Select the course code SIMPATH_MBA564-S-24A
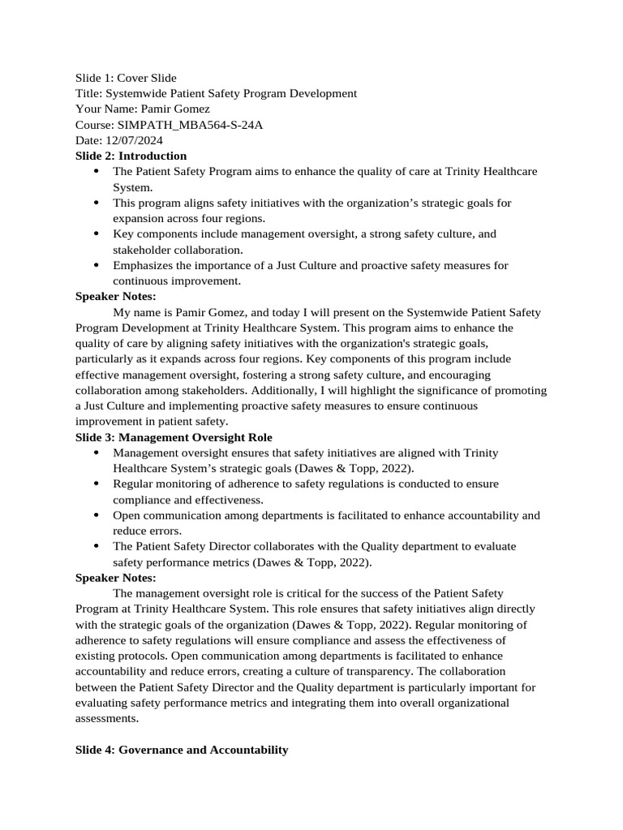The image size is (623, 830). tap(190, 125)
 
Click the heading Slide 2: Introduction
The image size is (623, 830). tap(131, 156)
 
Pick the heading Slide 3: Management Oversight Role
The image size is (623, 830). tap(174, 437)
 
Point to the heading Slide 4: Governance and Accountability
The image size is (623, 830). tap(181, 750)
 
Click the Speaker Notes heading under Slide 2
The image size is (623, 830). tap(115, 297)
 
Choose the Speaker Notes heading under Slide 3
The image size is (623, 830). tap(115, 578)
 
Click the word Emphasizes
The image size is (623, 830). tap(143, 265)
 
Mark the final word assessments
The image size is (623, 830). tap(107, 718)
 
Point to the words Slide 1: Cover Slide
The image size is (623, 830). tap(126, 78)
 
